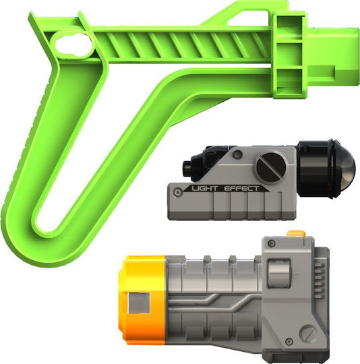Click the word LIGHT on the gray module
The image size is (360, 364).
[x=204, y=188]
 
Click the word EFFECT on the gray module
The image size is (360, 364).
[x=241, y=188]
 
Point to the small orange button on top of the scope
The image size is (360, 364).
[x=296, y=233]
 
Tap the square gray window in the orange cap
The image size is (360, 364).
[x=139, y=303]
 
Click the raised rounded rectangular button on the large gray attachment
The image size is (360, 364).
[x=278, y=273]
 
